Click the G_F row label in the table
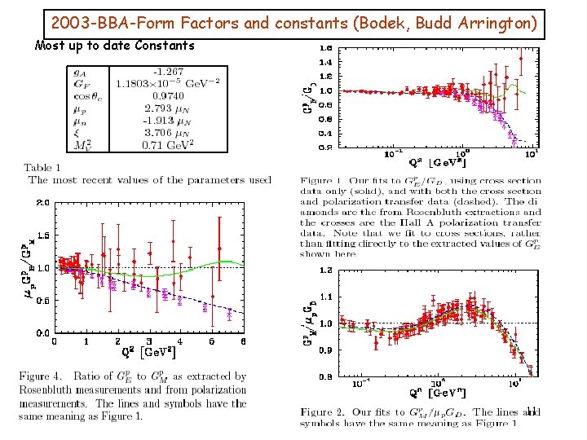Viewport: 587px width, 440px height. [82, 83]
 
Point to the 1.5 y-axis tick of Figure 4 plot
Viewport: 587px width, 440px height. [41, 235]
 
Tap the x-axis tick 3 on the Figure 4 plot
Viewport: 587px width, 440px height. [149, 342]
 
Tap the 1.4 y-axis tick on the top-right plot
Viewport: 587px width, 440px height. [325, 62]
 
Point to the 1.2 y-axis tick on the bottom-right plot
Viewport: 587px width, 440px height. [325, 270]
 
